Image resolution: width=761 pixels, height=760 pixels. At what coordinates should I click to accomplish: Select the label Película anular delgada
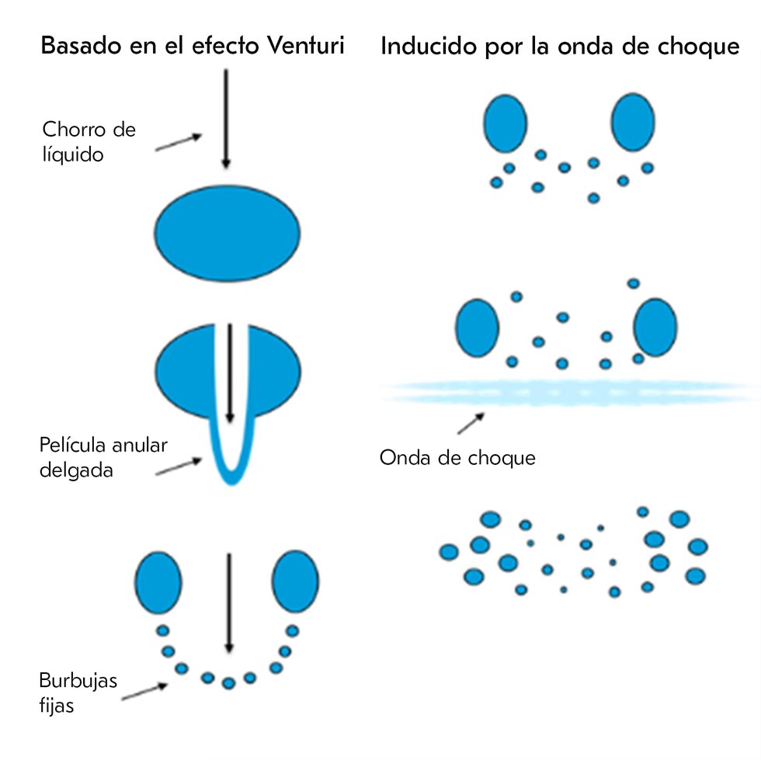[103, 457]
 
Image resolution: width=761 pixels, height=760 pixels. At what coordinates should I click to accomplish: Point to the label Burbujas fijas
[78, 694]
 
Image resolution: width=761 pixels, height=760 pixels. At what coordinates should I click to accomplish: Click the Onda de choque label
[457, 457]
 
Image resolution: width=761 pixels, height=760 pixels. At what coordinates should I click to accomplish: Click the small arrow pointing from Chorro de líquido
[179, 141]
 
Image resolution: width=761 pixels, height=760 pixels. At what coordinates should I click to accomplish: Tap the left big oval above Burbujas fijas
[158, 583]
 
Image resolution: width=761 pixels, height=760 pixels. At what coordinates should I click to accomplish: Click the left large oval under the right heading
[506, 124]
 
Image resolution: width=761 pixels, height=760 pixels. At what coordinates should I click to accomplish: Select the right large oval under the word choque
[632, 124]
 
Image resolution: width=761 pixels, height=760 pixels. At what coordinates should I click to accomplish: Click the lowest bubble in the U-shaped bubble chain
[228, 683]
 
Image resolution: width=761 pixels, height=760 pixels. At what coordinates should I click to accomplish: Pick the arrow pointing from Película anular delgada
[179, 467]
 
